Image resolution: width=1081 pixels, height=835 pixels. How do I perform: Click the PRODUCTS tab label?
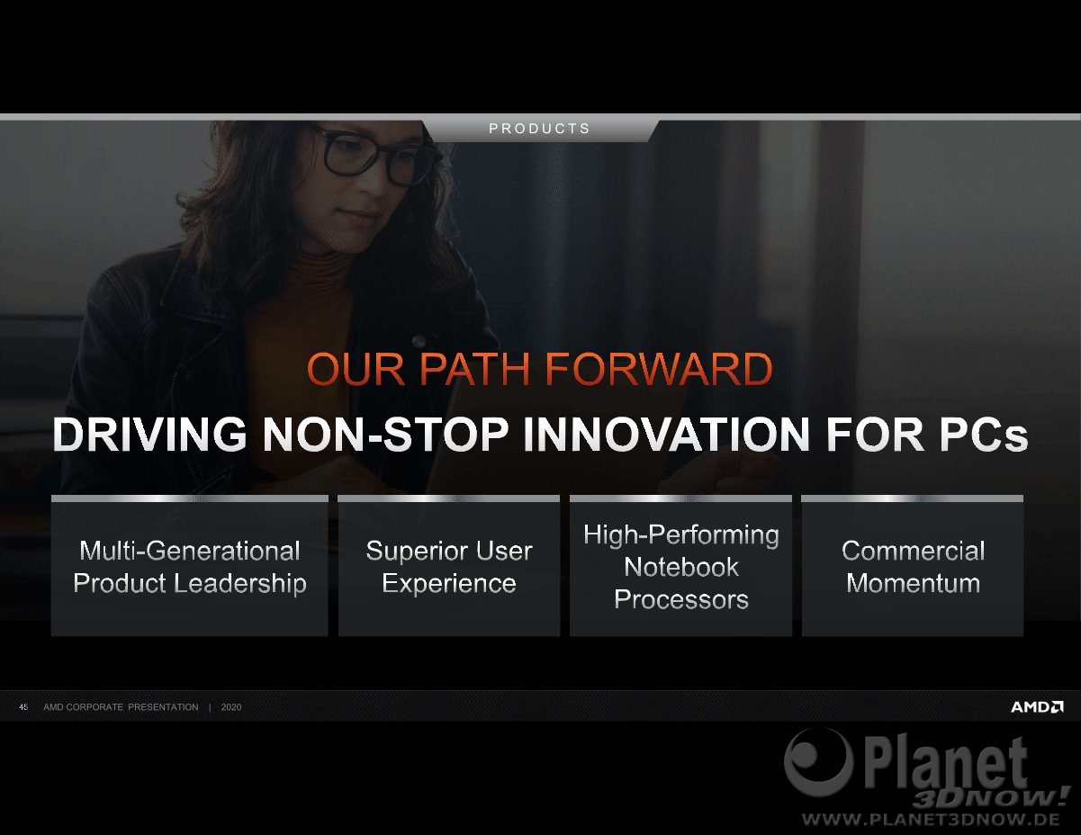coord(539,129)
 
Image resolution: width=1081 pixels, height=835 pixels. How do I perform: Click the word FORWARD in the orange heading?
coord(658,369)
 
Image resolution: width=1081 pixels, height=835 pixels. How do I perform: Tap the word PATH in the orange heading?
coord(475,369)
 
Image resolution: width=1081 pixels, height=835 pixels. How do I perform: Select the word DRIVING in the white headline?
coord(149,435)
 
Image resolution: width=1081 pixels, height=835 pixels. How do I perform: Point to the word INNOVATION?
coord(667,435)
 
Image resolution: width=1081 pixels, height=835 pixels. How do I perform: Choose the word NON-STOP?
coord(385,435)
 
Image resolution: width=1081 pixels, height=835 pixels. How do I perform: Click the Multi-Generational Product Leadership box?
coord(190,565)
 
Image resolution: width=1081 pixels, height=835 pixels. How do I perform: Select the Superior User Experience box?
coord(449,565)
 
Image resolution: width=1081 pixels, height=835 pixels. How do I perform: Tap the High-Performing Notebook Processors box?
coord(680,565)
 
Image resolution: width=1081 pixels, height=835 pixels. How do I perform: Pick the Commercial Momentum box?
coord(913,565)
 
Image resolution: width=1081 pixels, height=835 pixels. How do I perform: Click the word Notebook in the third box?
coord(681,567)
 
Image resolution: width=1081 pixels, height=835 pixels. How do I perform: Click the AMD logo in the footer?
coord(1037,706)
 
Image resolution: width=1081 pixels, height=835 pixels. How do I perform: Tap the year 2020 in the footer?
coord(231,707)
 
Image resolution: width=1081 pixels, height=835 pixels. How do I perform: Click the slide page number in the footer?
coord(23,707)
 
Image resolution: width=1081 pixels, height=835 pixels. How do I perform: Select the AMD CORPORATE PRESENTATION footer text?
coord(121,707)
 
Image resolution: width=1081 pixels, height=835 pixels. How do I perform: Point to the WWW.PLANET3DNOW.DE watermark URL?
coord(932,819)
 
